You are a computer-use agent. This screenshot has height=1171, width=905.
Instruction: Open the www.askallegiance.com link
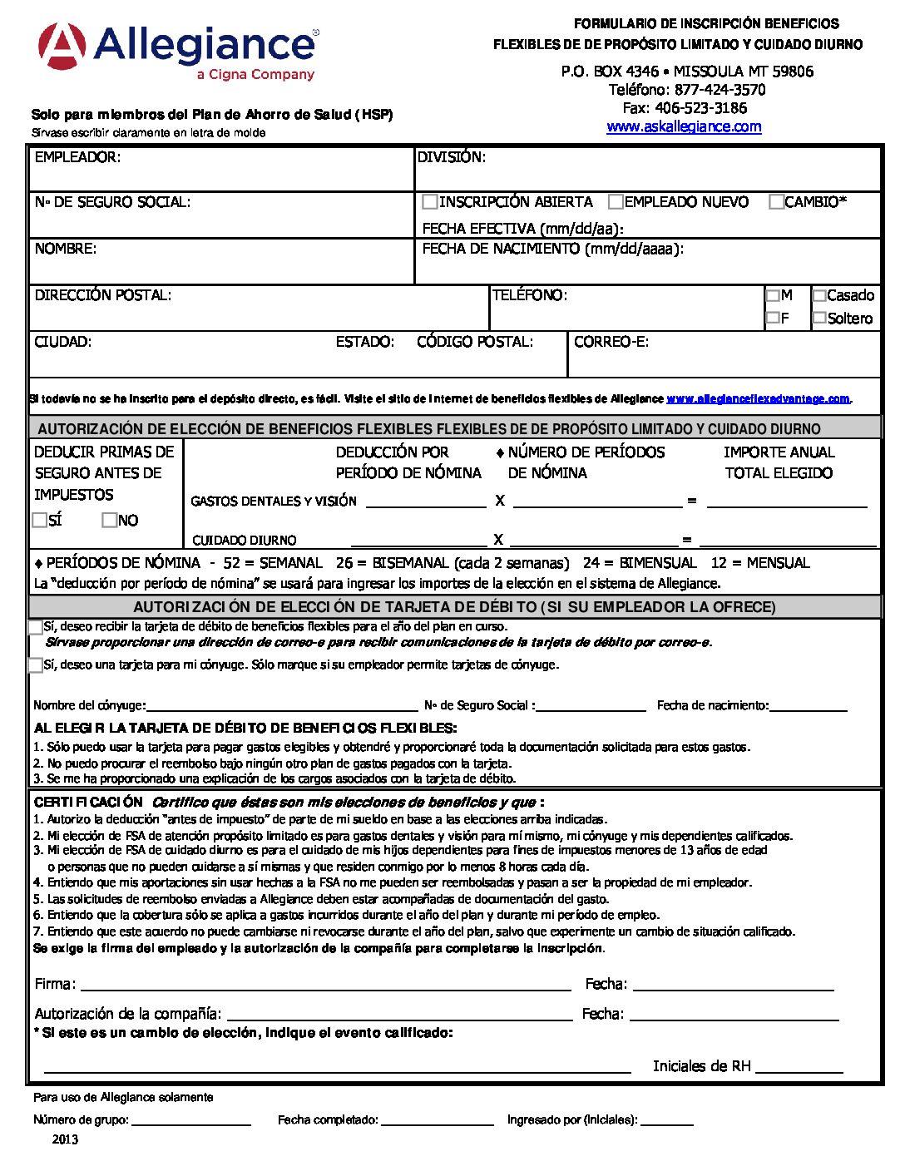click(684, 126)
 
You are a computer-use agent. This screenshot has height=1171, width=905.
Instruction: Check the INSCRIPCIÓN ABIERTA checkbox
click(430, 202)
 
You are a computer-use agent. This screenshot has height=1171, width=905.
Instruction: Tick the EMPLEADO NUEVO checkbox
click(616, 202)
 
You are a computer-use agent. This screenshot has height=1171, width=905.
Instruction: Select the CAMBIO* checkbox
click(776, 202)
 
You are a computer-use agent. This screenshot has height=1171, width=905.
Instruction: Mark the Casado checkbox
click(819, 295)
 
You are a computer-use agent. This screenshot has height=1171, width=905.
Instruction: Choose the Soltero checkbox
click(819, 318)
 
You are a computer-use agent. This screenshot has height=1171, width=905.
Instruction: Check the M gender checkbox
click(773, 295)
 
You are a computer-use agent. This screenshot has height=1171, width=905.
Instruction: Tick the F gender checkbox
click(773, 318)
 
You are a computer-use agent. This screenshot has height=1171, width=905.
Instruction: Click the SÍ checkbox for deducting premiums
click(39, 520)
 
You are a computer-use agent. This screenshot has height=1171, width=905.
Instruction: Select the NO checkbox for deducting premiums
click(109, 520)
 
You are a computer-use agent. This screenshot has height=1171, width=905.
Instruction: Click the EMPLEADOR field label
click(77, 157)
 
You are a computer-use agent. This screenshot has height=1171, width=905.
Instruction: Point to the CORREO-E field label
click(611, 342)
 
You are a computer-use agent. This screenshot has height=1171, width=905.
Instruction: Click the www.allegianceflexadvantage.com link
click(758, 399)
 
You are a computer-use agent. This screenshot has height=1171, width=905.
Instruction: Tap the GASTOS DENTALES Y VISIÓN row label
click(274, 502)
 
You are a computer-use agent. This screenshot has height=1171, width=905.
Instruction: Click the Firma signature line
click(325, 984)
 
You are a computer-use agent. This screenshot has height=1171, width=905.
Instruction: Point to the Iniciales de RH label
click(701, 1066)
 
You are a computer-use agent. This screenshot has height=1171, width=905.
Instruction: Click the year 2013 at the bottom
click(65, 1139)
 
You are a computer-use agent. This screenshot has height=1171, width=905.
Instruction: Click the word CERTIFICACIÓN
click(88, 803)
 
